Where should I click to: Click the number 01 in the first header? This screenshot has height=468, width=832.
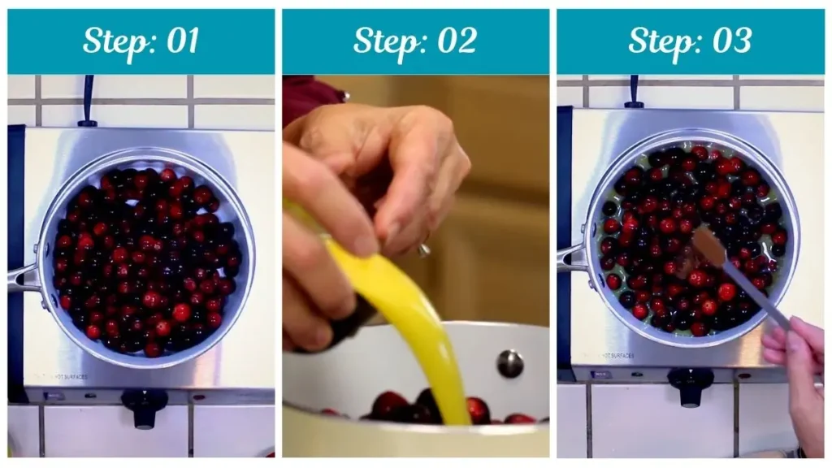tap(180, 41)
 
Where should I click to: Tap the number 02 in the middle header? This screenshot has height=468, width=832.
tap(455, 41)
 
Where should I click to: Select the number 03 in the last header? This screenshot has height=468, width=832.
tap(730, 41)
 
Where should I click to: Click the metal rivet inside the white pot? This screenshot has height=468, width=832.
tap(510, 363)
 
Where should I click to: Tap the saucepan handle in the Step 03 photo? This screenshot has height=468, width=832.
tap(571, 258)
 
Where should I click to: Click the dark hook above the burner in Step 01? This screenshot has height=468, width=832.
tap(87, 102)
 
